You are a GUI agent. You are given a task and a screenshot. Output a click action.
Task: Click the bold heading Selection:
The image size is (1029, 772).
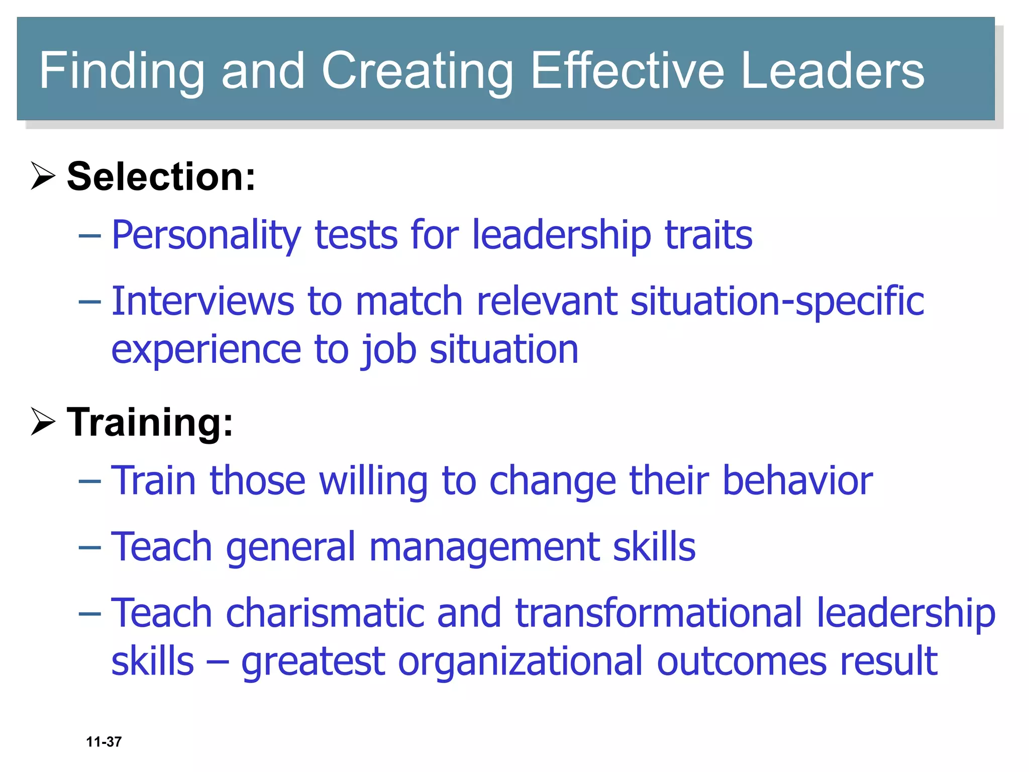coord(161,177)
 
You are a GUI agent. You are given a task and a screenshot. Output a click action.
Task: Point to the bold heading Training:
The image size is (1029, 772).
coord(150,423)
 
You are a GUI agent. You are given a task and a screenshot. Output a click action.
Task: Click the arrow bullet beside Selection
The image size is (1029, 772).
coord(43,176)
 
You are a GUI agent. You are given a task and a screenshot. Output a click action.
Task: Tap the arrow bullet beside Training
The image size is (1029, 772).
coord(43,421)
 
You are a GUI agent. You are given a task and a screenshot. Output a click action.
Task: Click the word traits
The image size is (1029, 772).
coord(708,235)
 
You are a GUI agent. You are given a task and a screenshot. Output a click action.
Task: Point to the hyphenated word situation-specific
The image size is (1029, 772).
coord(777,301)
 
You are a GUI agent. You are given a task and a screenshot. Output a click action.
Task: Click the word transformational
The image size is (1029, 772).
coord(659,613)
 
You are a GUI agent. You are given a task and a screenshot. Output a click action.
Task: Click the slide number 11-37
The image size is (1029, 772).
coord(104,742)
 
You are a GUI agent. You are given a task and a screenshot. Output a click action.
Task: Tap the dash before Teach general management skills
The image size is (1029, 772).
coord(90,547)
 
